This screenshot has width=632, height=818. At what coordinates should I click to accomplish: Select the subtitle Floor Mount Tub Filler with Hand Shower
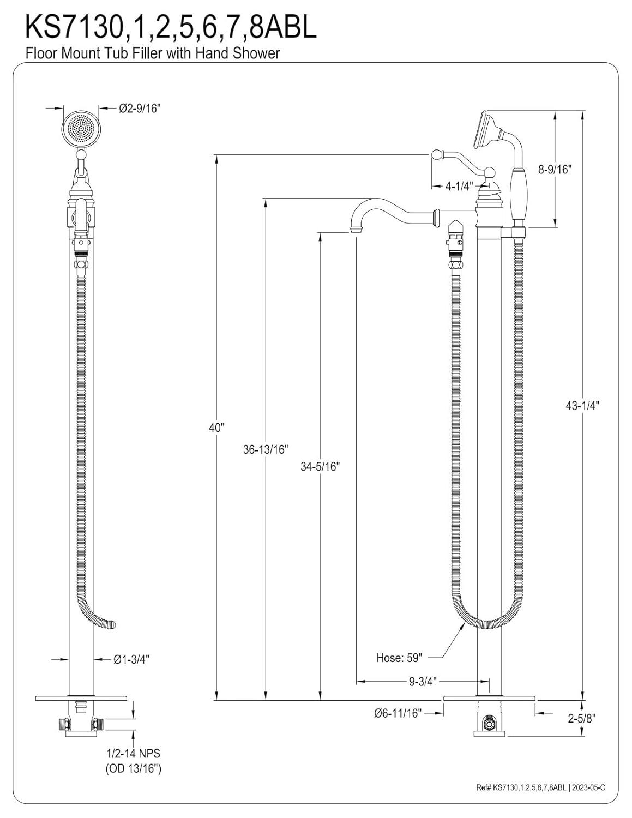[152, 53]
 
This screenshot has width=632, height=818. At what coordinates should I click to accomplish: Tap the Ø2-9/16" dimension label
[140, 109]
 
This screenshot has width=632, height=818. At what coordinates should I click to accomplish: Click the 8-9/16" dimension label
[554, 170]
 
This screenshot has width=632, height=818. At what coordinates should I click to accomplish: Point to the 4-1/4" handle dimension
[458, 186]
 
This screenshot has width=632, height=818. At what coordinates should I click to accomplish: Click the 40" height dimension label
[216, 428]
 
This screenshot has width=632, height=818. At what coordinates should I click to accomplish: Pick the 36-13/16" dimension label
[266, 449]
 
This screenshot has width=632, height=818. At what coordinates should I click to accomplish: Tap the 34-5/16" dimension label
[320, 466]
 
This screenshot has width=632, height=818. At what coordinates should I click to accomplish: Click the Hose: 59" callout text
[399, 658]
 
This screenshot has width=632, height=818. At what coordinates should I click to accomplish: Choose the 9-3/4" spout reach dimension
[423, 682]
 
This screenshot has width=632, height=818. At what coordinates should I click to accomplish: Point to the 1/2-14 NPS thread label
[133, 754]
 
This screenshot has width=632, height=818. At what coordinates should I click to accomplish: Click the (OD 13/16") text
[133, 769]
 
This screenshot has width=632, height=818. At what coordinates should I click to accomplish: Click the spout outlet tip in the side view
[356, 232]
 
